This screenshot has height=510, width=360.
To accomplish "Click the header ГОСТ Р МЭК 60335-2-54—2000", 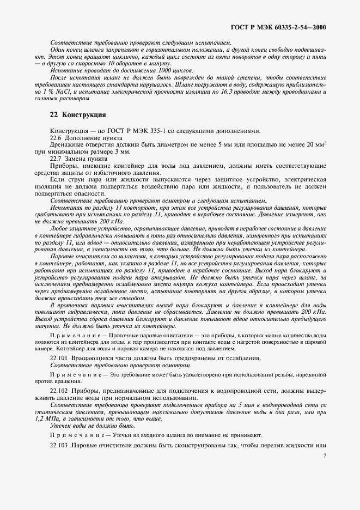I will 275,26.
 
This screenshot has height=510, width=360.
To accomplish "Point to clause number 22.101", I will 59,357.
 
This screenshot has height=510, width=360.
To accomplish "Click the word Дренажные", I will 68,144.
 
